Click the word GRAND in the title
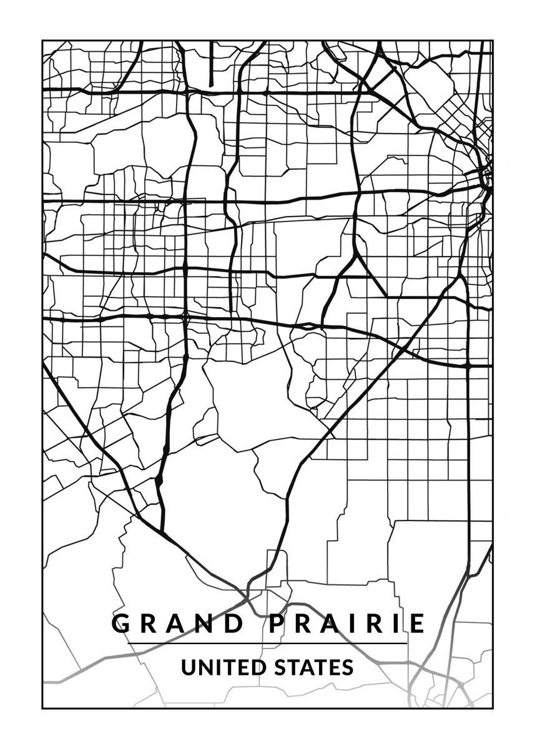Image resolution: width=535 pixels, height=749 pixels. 178,624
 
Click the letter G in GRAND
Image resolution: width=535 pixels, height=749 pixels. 122,624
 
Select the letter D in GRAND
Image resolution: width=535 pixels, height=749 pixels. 234,624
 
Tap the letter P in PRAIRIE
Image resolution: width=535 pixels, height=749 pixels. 279,624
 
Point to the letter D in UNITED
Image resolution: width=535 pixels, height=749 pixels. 259,667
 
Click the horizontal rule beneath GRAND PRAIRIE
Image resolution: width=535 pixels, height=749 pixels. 267,644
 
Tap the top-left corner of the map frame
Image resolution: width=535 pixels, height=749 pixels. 42,41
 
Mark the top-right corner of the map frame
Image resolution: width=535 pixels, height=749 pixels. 493,41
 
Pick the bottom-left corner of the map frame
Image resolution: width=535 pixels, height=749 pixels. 42,708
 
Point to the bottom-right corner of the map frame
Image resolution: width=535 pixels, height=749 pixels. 493,708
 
